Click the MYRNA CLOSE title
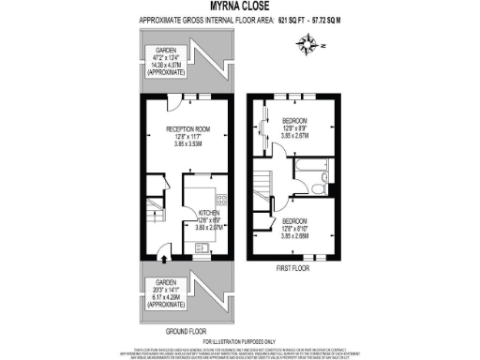pos(240,6)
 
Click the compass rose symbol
pos(308,41)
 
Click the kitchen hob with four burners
pos(220,198)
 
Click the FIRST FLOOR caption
pos(292,268)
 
